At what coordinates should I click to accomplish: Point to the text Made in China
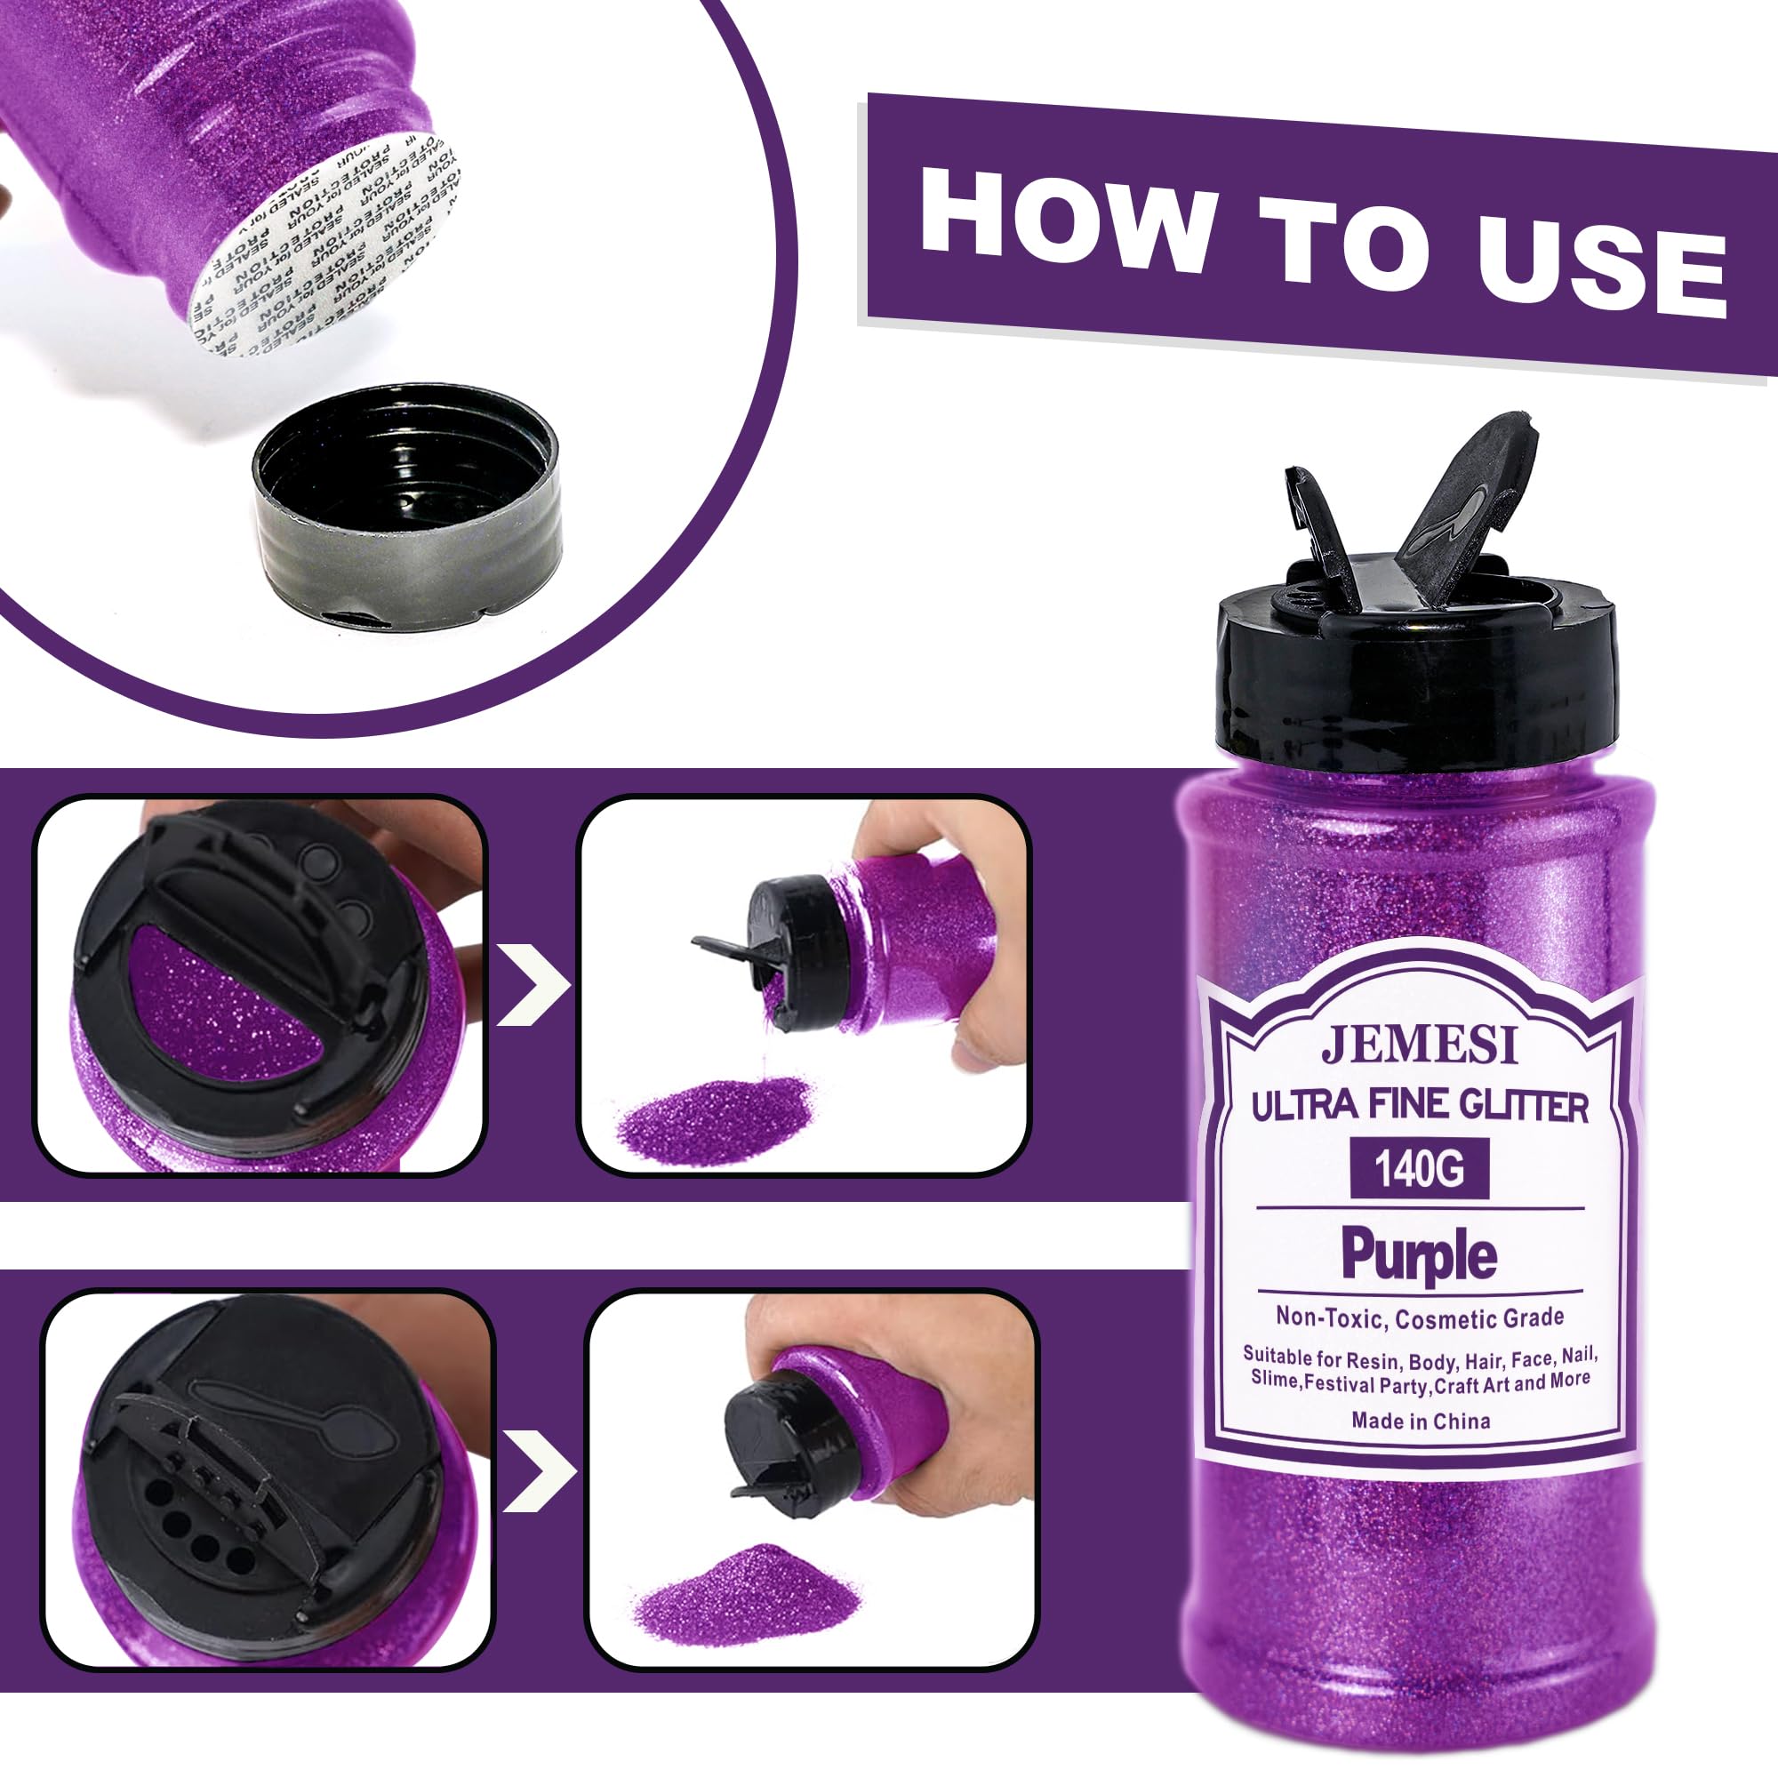(1420, 1420)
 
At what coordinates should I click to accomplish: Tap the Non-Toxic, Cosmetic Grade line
(1419, 1317)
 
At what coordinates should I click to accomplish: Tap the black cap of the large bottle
(1417, 681)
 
